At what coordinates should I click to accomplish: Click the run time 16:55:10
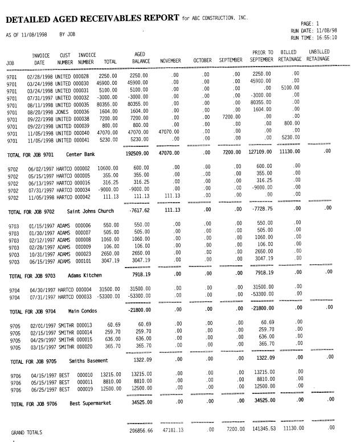click(x=326, y=38)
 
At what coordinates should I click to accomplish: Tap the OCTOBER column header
click(x=202, y=60)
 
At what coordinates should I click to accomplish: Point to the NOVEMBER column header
click(x=170, y=60)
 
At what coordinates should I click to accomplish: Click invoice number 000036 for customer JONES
click(x=81, y=112)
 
